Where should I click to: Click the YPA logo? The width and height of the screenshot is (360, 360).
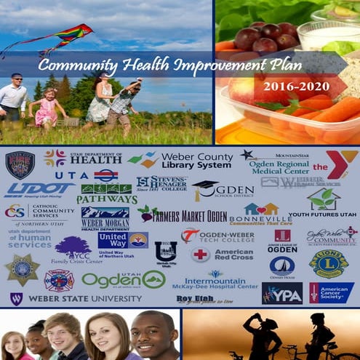pyautogui.click(x=282, y=292)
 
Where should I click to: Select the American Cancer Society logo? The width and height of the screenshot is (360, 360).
pyautogui.click(x=331, y=292)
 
